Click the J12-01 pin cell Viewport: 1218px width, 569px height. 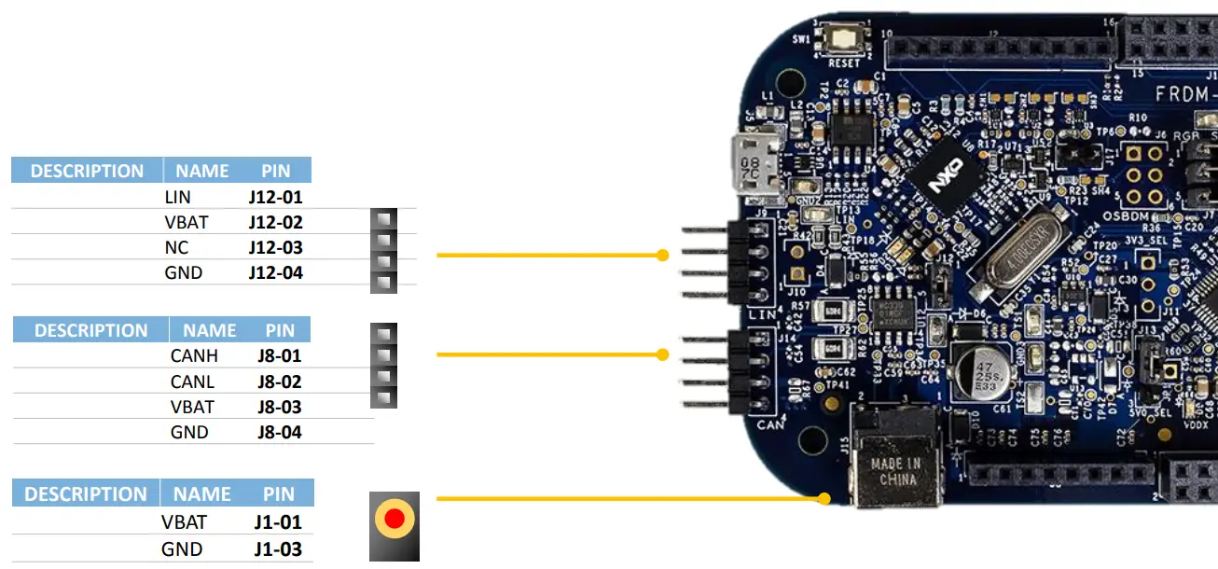click(x=275, y=198)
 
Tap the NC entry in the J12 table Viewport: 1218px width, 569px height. click(x=176, y=248)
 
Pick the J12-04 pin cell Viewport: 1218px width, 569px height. click(x=275, y=273)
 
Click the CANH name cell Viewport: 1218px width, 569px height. click(x=194, y=356)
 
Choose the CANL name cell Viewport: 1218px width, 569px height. click(x=192, y=382)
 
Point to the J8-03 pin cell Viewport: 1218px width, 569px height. click(x=279, y=407)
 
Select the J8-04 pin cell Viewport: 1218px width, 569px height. click(x=279, y=432)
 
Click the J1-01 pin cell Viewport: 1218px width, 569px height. click(x=278, y=522)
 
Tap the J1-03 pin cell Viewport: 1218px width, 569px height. click(x=278, y=549)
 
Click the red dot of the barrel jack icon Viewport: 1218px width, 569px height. click(x=394, y=519)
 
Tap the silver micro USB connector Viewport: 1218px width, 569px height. click(x=754, y=164)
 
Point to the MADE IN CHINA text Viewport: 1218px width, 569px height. click(x=894, y=472)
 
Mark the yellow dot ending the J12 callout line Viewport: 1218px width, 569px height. click(x=662, y=255)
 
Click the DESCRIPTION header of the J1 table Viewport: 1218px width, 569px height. click(x=86, y=494)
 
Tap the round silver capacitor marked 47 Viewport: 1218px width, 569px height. click(x=976, y=373)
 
